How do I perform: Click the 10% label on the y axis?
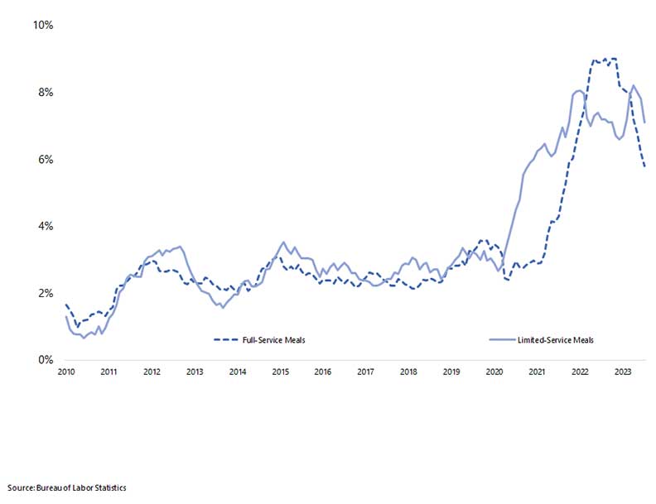[x=42, y=26]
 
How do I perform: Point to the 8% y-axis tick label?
[x=45, y=93]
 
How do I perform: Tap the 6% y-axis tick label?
[x=45, y=160]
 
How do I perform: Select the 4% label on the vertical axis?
[x=45, y=227]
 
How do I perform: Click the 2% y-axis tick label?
[x=45, y=294]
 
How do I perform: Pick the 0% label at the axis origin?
[x=45, y=361]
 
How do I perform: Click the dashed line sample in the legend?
[x=224, y=339]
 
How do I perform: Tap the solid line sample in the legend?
[x=502, y=339]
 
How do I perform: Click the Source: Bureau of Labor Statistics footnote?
[x=66, y=487]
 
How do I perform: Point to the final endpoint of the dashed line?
[x=645, y=167]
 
